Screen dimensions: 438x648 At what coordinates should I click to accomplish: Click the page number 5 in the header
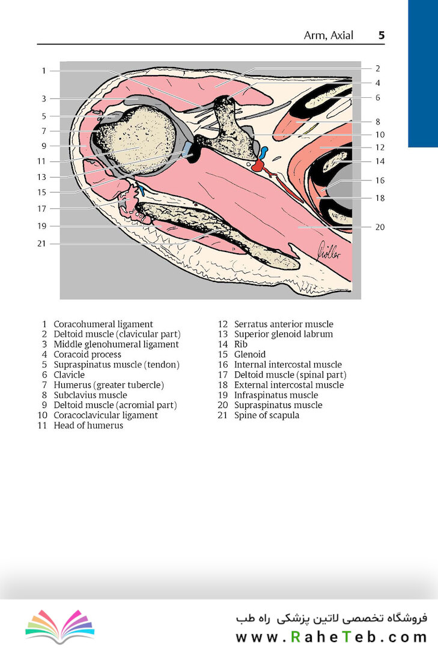(382, 35)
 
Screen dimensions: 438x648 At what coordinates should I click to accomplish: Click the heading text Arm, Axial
(328, 35)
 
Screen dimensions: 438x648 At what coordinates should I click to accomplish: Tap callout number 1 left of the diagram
(43, 71)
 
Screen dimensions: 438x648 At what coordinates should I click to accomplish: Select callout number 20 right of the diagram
(380, 227)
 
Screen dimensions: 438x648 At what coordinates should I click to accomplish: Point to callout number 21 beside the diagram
(41, 244)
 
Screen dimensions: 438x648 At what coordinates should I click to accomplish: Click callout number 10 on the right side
(380, 135)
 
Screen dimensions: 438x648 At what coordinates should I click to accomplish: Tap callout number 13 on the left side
(41, 177)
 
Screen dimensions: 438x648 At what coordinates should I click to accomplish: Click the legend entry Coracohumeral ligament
(103, 324)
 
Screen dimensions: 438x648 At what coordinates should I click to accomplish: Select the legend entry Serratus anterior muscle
(284, 324)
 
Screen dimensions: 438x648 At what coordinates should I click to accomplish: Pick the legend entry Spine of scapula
(267, 415)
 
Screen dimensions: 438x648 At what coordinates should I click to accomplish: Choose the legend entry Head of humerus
(88, 425)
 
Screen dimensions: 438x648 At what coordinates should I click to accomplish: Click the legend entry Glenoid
(249, 354)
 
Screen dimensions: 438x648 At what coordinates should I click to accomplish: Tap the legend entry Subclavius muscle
(90, 395)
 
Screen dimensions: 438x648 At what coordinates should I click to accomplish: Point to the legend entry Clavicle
(69, 374)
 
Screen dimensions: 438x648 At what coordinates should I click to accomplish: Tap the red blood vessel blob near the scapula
(259, 166)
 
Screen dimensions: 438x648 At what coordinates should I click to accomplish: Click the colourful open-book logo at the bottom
(60, 626)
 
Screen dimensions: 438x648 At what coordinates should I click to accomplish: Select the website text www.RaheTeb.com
(331, 637)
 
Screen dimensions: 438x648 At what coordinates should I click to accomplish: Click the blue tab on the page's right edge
(423, 74)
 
